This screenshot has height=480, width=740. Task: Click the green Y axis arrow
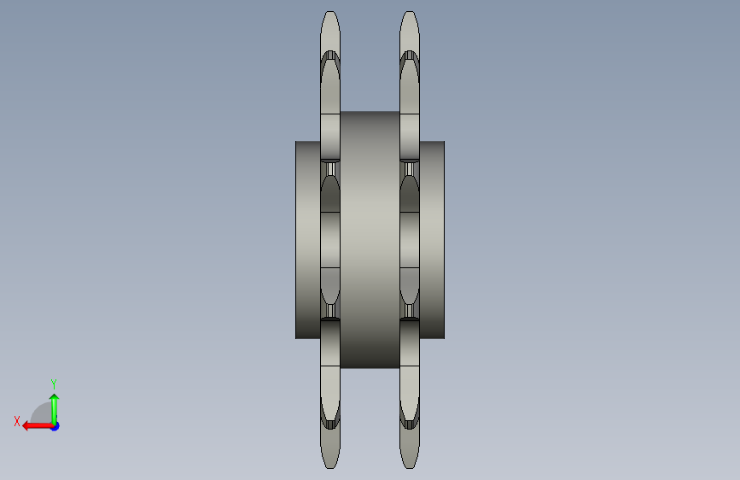point(55,409)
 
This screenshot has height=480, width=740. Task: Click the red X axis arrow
point(38,426)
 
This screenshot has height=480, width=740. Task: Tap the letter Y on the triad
point(54,383)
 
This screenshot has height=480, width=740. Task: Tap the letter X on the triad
point(17,421)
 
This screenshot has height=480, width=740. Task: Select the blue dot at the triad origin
point(55,426)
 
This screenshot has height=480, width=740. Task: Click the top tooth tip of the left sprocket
point(330,12)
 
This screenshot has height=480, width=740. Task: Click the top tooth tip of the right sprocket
point(409,12)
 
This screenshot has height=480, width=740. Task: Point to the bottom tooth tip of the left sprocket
point(330,467)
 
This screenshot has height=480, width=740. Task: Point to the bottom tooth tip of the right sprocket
point(409,467)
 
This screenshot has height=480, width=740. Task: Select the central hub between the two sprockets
point(370,239)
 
